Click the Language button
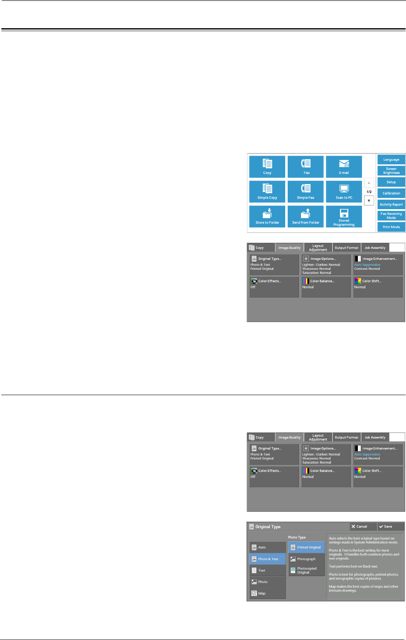[391, 159]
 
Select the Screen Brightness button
[391, 171]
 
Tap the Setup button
[391, 182]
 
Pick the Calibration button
[391, 193]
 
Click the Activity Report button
[391, 205]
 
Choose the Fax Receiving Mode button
[391, 216]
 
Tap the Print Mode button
[391, 227]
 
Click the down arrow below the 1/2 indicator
[369, 201]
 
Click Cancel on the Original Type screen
[362, 527]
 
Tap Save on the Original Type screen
[390, 527]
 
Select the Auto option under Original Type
[268, 547]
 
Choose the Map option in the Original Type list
[268, 594]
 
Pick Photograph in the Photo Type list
[306, 559]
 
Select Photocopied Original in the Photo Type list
[306, 571]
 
